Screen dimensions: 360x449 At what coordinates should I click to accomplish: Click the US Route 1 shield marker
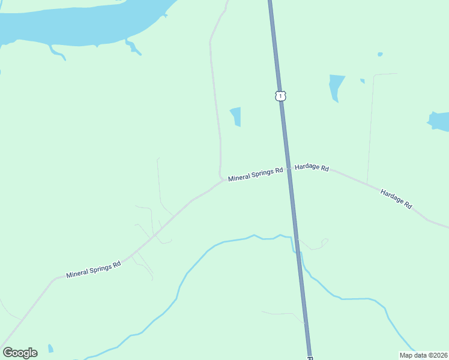tap(280, 96)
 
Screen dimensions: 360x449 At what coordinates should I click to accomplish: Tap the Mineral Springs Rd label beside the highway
tap(255, 174)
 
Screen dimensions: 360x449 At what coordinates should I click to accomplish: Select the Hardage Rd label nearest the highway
tap(312, 168)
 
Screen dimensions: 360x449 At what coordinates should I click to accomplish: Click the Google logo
tap(20, 353)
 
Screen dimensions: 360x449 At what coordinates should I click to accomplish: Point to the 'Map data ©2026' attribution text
tap(423, 355)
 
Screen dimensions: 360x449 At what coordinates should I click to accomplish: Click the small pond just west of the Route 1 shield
tap(236, 116)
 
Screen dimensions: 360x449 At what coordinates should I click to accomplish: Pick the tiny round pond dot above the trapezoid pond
tap(380, 54)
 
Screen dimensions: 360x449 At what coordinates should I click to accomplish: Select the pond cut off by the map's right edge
tap(439, 121)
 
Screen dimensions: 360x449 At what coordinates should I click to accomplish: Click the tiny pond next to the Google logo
tap(50, 349)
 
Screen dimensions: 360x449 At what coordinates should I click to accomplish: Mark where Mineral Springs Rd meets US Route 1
tap(288, 169)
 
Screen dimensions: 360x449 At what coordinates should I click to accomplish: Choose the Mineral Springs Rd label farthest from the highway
tap(94, 268)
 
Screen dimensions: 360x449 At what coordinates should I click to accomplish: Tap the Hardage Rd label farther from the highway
tap(396, 199)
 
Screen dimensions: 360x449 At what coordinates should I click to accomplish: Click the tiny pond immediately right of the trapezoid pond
tap(363, 81)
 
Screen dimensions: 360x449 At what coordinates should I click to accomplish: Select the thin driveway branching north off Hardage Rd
tap(371, 126)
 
